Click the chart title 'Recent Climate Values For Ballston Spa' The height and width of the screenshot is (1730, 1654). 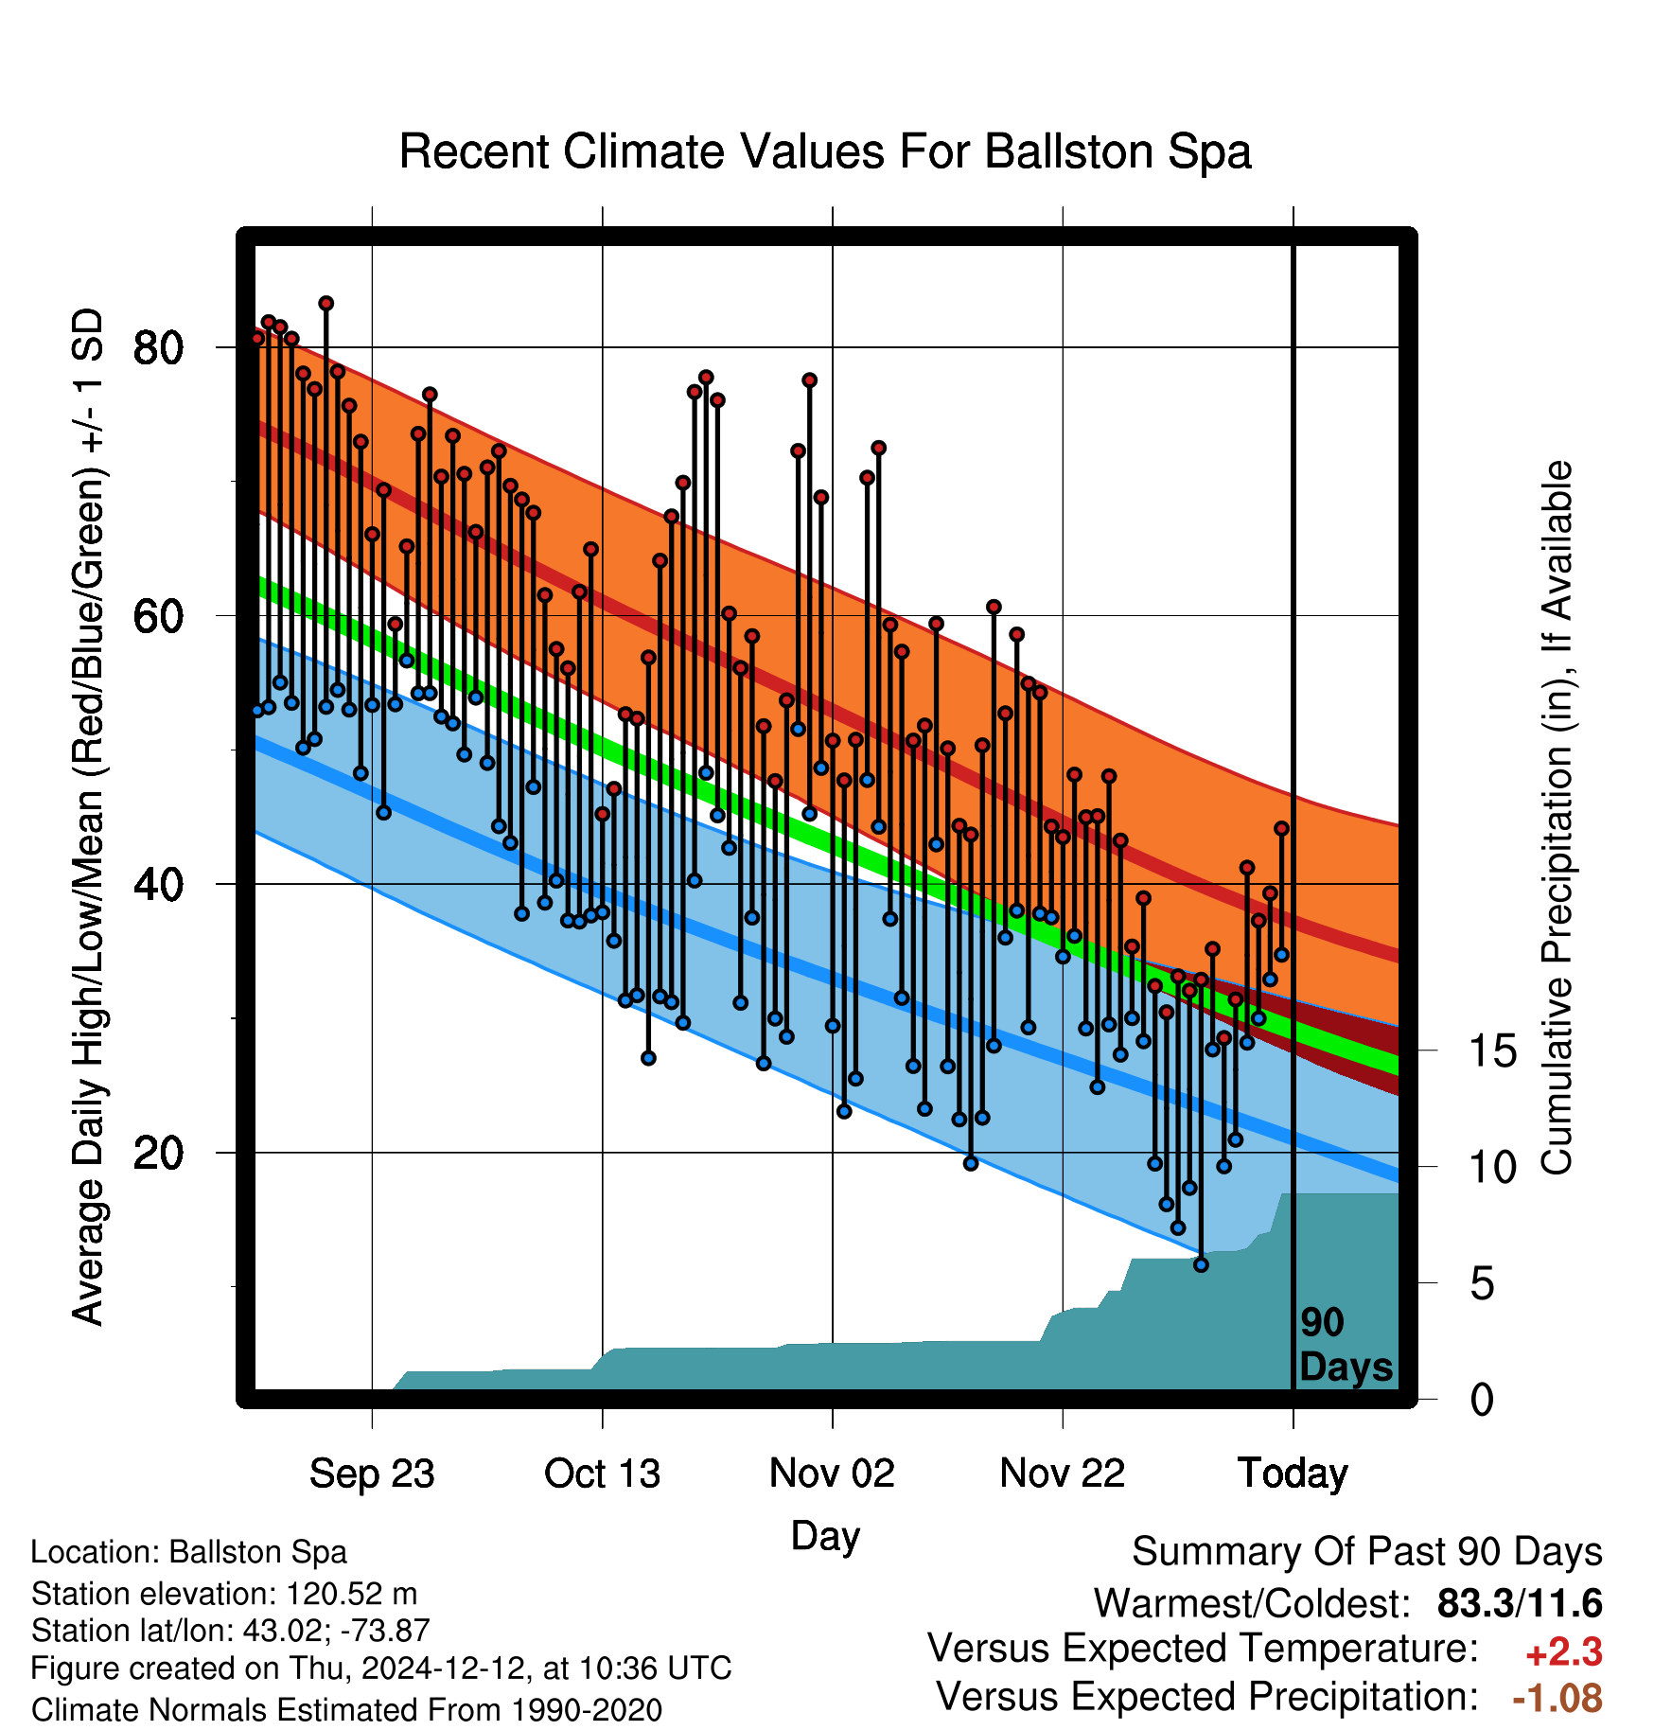pyautogui.click(x=825, y=151)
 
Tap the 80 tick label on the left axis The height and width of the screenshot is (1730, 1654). pyautogui.click(x=158, y=348)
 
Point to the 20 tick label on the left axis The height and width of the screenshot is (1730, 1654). pyautogui.click(x=158, y=1153)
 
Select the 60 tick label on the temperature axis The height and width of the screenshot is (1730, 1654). pyautogui.click(x=158, y=616)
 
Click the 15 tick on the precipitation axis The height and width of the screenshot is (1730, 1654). pyautogui.click(x=1492, y=1050)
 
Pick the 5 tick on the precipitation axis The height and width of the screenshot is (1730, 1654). pyautogui.click(x=1483, y=1283)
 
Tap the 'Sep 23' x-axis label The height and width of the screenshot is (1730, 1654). pyautogui.click(x=372, y=1474)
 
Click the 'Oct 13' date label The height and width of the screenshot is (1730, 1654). pyautogui.click(x=602, y=1474)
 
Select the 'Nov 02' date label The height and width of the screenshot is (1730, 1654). pyautogui.click(x=832, y=1474)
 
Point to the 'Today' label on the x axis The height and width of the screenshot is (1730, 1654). pyautogui.click(x=1293, y=1474)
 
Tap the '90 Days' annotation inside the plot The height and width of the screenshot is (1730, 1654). pyautogui.click(x=1346, y=1345)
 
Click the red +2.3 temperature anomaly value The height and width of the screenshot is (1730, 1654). pyautogui.click(x=1564, y=1652)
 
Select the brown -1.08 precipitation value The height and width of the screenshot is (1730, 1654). pyautogui.click(x=1557, y=1698)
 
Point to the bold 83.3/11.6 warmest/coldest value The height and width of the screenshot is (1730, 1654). pyautogui.click(x=1520, y=1603)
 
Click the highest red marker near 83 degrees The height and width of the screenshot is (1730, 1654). pyautogui.click(x=326, y=303)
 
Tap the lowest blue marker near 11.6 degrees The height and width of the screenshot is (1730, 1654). pyautogui.click(x=1201, y=1264)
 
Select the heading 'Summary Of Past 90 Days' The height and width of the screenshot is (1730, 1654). pyautogui.click(x=1367, y=1552)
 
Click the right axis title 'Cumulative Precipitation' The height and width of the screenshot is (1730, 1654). pyautogui.click(x=1556, y=819)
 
